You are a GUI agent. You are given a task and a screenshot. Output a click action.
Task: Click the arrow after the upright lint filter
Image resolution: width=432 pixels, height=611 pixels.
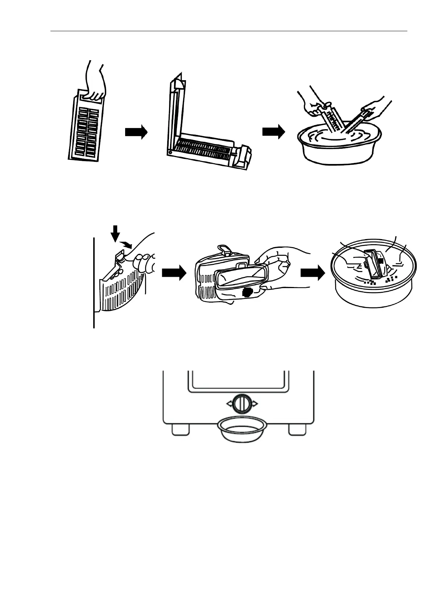136,132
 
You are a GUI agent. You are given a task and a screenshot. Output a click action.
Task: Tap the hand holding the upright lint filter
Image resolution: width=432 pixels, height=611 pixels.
95,85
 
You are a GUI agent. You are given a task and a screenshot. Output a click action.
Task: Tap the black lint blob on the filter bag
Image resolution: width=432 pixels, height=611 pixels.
249,292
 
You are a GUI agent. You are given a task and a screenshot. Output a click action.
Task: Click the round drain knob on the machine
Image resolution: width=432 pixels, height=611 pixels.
240,403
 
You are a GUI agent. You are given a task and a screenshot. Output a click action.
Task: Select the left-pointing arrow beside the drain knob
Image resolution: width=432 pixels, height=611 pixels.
229,403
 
